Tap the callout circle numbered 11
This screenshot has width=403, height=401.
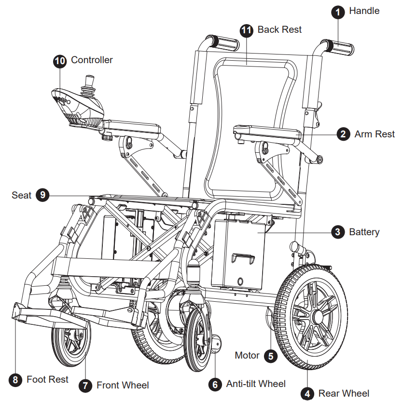(247, 30)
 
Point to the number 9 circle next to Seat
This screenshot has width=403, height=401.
(42, 195)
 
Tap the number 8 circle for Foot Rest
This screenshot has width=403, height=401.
(16, 380)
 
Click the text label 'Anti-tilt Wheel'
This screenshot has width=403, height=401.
(256, 384)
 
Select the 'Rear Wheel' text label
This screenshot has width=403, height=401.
(344, 393)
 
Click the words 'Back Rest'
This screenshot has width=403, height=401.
(279, 29)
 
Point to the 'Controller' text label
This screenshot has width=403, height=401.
(92, 60)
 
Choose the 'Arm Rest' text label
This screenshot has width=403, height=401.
(375, 134)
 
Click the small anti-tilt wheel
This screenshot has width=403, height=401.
(215, 343)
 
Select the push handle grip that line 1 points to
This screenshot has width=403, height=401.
(340, 48)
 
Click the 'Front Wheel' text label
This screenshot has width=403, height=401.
(123, 385)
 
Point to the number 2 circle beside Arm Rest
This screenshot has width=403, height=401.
(343, 134)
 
